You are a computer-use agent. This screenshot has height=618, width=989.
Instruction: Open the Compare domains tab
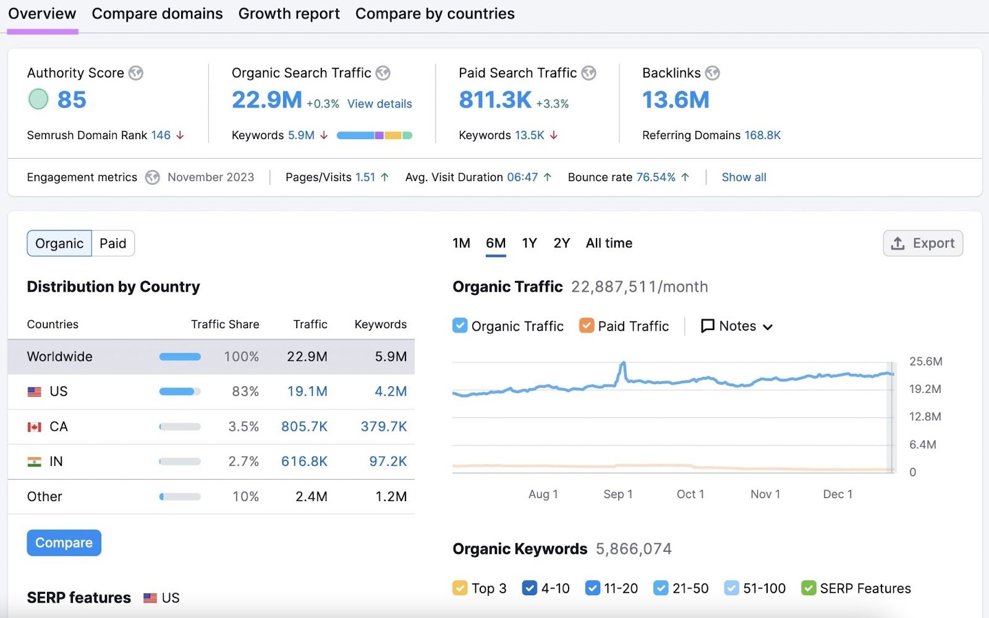pos(157,14)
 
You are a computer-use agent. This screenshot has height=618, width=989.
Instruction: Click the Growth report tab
pos(289,14)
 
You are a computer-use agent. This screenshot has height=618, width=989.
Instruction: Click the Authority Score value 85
pos(72,99)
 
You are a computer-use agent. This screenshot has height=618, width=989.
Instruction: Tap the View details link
pos(380,104)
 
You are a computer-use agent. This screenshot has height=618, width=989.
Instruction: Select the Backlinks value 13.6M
pos(676,99)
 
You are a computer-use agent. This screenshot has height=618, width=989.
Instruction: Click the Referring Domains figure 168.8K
pos(762,135)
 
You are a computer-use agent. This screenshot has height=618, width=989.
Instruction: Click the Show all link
pos(744,177)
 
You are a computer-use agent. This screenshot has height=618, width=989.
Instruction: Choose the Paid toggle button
pos(112,243)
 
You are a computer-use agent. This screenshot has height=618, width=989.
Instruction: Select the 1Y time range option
pos(529,243)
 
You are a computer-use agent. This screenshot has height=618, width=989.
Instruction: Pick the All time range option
pos(609,243)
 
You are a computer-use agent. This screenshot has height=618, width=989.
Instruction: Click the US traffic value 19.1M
pos(307,392)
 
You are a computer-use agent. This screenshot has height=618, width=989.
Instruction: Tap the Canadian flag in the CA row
pos(35,427)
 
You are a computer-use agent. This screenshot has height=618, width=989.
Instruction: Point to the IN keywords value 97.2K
pos(388,462)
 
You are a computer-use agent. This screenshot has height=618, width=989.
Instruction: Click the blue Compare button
pos(64,543)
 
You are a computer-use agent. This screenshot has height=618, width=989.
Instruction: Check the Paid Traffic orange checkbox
pos(587,326)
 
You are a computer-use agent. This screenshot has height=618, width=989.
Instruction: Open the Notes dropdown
pos(737,326)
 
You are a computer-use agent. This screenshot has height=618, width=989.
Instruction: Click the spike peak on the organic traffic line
pos(623,363)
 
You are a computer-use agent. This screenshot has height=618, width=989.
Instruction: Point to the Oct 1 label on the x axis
pos(690,494)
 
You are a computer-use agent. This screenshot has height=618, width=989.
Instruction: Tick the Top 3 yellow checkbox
pos(460,588)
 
